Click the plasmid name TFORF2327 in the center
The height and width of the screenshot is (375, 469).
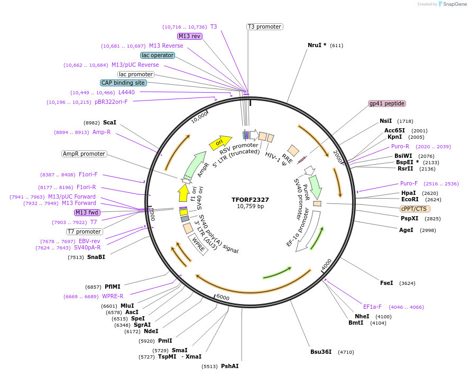point(250,200)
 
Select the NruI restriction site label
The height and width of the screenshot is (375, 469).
point(317,45)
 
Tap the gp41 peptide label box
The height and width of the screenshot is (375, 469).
point(387,104)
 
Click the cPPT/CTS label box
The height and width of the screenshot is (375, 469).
point(415,209)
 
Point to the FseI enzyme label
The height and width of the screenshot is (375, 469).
point(387,283)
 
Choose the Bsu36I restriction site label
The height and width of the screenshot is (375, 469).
point(321,352)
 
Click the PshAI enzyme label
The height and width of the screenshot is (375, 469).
point(230,366)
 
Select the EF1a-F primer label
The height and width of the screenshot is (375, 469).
point(372,307)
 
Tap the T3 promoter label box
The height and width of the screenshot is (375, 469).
point(264,26)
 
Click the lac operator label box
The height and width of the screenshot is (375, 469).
point(158,55)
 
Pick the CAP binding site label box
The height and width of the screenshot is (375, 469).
point(123,83)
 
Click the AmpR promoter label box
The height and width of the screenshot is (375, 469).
point(84,154)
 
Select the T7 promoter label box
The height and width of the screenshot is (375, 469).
point(85,231)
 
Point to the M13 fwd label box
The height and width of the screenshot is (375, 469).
point(87,212)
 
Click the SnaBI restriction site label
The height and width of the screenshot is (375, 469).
point(96,257)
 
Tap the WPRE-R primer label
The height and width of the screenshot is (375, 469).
point(113,296)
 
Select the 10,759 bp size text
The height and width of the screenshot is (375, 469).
point(250,206)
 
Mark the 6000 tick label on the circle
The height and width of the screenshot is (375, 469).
point(223,298)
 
